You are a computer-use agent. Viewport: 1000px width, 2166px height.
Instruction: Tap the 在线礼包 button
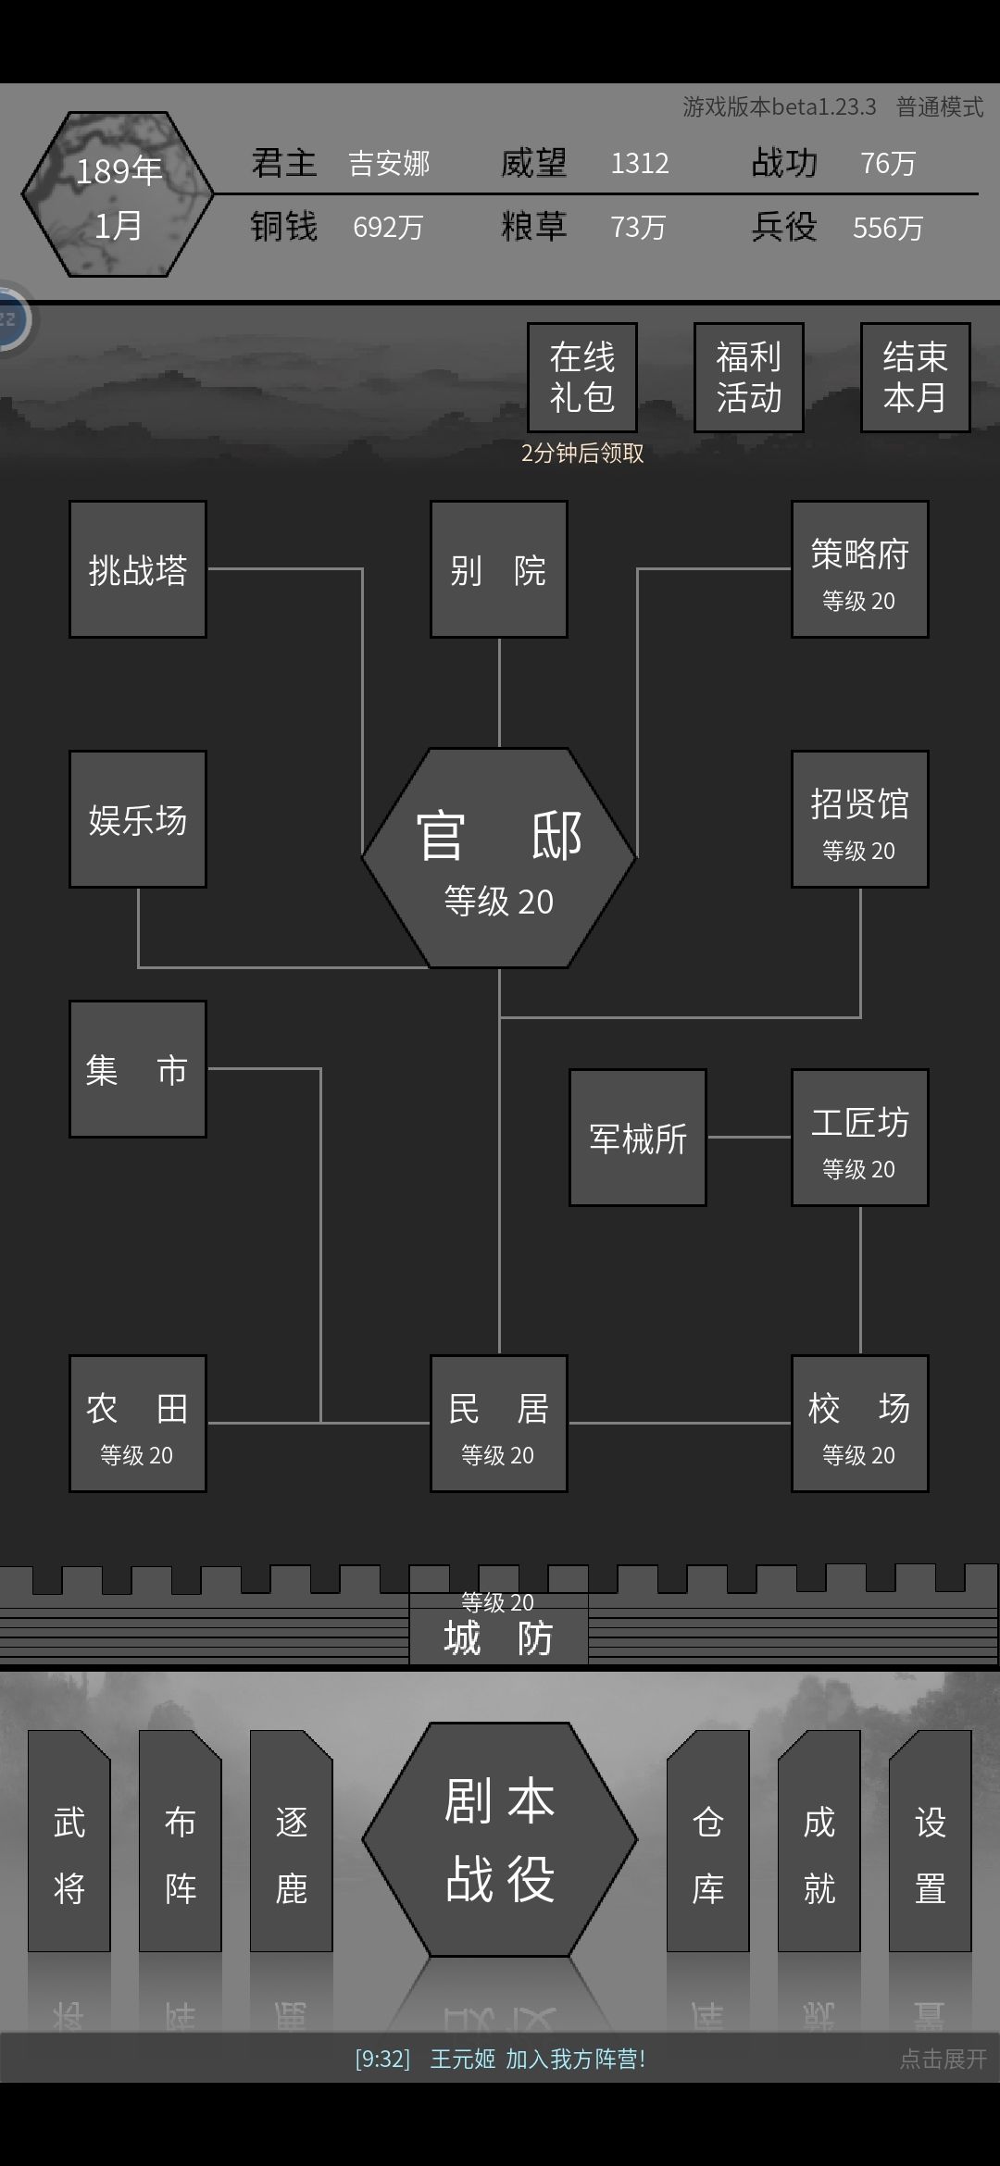582,378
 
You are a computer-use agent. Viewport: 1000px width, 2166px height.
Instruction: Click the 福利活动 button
749,378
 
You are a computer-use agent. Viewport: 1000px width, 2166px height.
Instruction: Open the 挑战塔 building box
138,569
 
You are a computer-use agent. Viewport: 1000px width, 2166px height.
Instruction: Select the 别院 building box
499,569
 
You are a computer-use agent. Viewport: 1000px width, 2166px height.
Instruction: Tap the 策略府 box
860,569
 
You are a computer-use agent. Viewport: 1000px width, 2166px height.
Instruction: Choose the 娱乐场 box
138,819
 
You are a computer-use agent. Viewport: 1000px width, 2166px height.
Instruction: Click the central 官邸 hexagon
499,858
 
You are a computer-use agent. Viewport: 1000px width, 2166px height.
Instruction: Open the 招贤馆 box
860,819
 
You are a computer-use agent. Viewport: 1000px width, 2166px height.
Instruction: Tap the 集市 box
138,1069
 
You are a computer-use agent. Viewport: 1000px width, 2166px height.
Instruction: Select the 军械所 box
638,1138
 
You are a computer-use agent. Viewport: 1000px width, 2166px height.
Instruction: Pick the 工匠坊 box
860,1138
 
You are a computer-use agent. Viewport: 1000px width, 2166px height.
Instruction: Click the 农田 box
138,1424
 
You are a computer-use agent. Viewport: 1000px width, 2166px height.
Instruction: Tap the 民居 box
499,1424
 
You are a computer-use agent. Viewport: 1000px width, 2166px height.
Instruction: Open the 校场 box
860,1424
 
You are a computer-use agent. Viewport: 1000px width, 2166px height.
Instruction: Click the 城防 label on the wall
498,1638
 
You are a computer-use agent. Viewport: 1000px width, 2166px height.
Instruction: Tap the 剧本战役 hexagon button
500,1839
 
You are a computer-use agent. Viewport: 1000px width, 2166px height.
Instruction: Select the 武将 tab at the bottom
69,1840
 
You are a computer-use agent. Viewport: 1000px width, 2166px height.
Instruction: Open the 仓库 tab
708,1840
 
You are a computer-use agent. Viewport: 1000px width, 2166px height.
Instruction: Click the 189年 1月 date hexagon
118,194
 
